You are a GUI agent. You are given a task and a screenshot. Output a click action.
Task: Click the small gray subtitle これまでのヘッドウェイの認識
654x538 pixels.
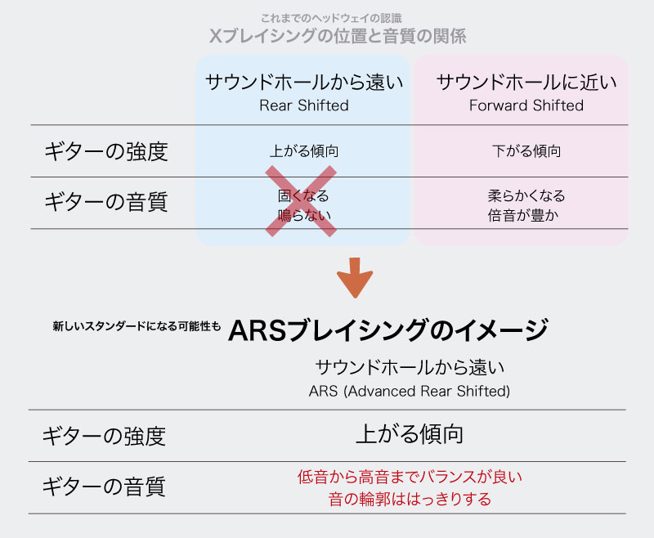330,17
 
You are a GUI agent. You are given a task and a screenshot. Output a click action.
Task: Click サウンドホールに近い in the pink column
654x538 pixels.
526,82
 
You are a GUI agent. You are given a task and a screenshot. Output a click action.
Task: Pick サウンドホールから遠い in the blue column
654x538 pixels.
304,82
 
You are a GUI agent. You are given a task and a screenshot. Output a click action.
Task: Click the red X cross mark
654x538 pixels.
301,201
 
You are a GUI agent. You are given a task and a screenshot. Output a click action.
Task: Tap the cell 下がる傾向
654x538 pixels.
526,151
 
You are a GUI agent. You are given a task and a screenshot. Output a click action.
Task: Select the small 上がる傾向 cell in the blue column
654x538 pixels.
304,151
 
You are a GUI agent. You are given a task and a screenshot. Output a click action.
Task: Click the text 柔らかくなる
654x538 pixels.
526,196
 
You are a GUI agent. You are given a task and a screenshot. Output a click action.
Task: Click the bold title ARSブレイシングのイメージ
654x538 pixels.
387,330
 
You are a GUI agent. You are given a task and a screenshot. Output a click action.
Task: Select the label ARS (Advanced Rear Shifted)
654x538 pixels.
409,391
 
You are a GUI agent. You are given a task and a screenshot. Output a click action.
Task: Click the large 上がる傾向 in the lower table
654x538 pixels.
409,434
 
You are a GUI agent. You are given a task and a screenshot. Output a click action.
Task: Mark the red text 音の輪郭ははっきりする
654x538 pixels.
409,498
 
